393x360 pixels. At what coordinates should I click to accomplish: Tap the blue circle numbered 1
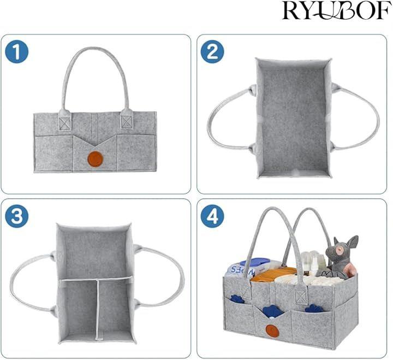click(x=17, y=52)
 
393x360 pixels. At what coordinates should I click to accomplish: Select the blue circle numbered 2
click(x=212, y=52)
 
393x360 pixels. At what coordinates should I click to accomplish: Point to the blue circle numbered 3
click(x=17, y=216)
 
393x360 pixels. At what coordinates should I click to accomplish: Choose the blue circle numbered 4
click(x=212, y=216)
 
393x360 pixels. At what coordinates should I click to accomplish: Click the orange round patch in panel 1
click(x=95, y=159)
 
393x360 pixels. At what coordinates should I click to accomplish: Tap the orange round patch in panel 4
click(x=272, y=331)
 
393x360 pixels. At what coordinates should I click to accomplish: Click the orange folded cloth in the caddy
click(x=273, y=275)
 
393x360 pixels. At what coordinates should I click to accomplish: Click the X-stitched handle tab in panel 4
click(x=300, y=297)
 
